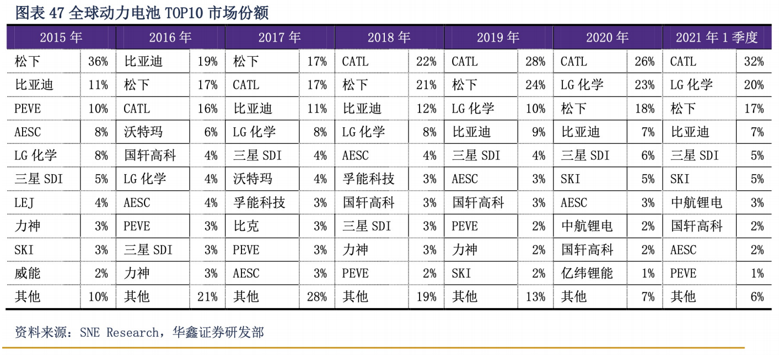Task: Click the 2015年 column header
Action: (61, 37)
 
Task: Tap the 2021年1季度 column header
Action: (716, 37)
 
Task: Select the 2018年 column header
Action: (389, 37)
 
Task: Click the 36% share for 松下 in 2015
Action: (98, 62)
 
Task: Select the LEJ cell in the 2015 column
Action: (24, 203)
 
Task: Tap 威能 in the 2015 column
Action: (28, 273)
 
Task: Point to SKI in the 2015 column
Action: (24, 250)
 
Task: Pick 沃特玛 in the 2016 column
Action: (143, 132)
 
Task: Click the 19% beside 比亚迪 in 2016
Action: (207, 62)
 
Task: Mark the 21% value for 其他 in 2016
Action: (207, 297)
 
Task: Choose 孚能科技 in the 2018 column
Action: (368, 179)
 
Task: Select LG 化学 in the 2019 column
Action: (473, 109)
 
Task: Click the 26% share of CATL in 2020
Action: (644, 62)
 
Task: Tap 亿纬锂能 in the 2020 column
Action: (587, 273)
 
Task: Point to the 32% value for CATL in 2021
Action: (754, 62)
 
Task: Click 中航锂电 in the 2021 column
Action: (696, 203)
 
